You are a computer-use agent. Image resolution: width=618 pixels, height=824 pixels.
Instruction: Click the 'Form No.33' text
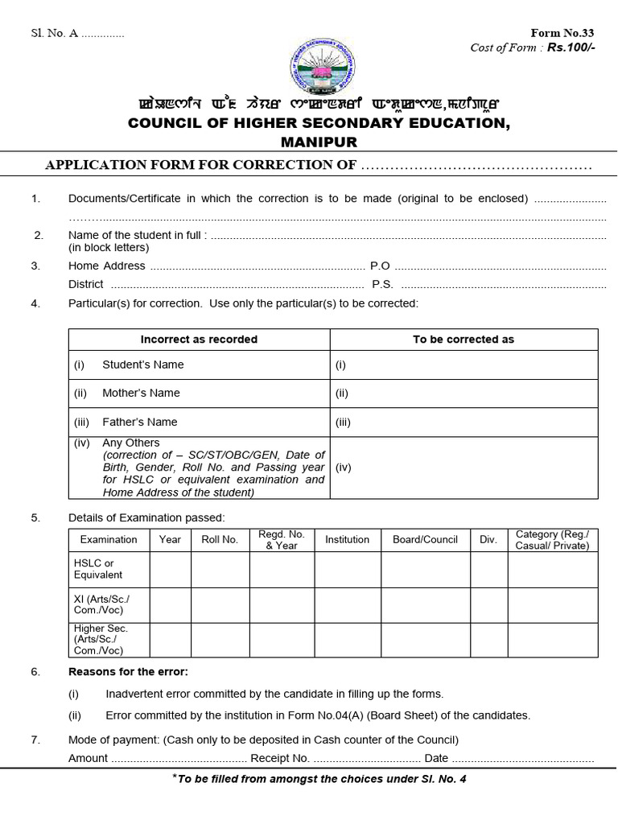tap(562, 33)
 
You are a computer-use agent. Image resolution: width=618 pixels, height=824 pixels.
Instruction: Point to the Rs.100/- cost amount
tap(571, 47)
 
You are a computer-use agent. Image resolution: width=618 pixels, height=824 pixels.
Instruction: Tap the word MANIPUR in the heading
tap(319, 142)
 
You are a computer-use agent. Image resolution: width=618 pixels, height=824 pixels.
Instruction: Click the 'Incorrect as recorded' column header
tap(199, 340)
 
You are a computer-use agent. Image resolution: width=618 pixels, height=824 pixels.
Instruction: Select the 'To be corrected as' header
tap(463, 340)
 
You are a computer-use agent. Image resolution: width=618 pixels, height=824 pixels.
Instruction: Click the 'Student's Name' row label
tap(142, 365)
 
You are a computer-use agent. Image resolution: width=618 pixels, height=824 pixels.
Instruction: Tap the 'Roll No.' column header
tap(220, 540)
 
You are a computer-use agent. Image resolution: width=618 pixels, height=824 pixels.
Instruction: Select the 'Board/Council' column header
tap(425, 540)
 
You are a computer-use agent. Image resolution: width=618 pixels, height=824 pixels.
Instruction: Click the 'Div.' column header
tap(488, 540)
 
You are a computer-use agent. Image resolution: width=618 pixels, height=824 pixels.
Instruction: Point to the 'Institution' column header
tap(347, 540)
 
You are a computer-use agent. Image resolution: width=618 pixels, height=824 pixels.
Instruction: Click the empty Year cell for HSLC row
tap(170, 570)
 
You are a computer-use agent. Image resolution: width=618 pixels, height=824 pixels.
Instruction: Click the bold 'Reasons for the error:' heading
tap(128, 672)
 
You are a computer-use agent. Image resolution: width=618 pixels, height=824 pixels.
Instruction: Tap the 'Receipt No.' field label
tap(280, 758)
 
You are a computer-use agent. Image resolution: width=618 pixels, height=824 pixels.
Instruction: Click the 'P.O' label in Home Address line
tap(380, 266)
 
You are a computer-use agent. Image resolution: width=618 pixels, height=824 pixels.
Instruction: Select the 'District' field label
tap(86, 284)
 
